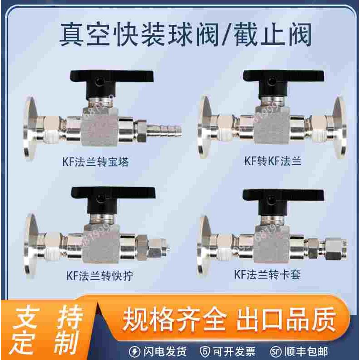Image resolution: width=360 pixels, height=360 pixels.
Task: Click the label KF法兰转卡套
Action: [x=267, y=275]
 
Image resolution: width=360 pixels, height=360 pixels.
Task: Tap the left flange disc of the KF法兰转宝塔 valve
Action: [x=31, y=128]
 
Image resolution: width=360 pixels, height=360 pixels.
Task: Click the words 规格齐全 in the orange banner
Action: [x=174, y=319]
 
